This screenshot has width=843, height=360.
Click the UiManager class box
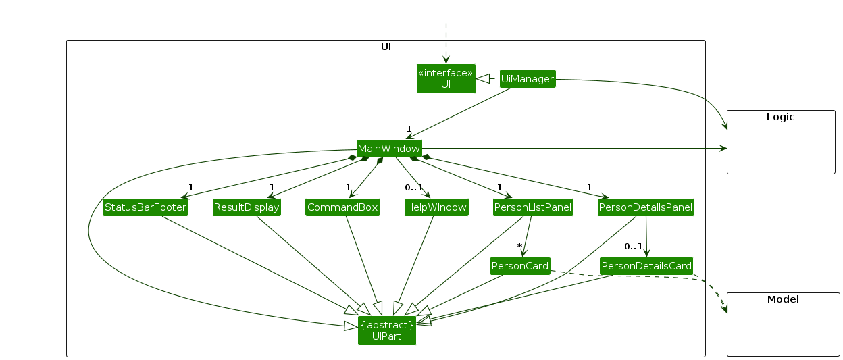527,79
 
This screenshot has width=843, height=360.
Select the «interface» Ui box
446,78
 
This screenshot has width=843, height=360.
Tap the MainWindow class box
389,149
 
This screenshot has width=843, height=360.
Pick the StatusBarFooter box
145,207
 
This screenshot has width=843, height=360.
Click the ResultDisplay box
247,207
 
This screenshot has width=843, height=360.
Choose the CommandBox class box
342,207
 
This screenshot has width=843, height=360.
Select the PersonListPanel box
533,207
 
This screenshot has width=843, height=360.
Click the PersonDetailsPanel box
646,207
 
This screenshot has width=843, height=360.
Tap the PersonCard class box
520,266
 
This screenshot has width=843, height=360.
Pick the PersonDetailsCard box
646,266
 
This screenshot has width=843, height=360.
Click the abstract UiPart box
387,330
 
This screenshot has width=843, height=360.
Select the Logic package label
780,117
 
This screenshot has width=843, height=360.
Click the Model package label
783,299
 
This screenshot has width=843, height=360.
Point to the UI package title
386,47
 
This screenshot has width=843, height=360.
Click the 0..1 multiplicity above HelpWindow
413,187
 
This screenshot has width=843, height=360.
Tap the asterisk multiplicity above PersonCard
519,246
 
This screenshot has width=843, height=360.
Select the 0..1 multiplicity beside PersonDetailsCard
633,246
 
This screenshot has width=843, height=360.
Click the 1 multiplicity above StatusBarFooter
190,187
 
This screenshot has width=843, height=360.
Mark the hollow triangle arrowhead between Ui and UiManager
482,79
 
